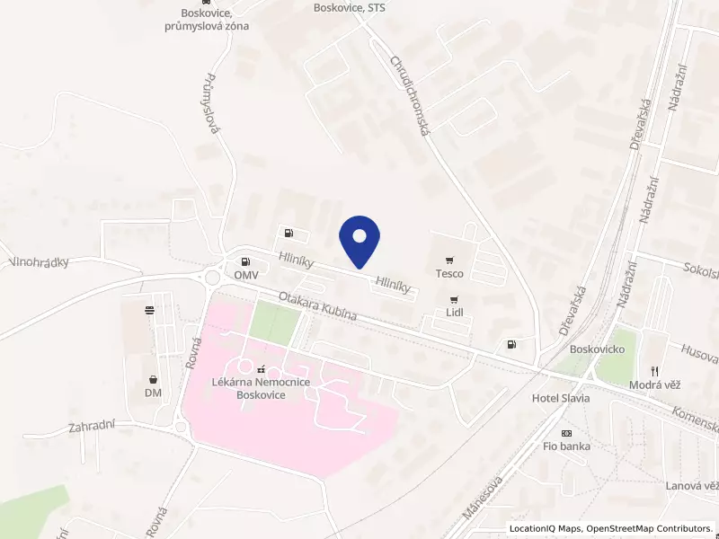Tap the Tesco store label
pyautogui.click(x=449, y=273)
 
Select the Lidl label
pyautogui.click(x=454, y=313)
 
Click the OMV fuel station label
pyautogui.click(x=246, y=274)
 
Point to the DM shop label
pyautogui.click(x=152, y=393)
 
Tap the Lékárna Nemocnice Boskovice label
pyautogui.click(x=261, y=388)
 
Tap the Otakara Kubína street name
pyautogui.click(x=317, y=305)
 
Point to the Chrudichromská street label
pyautogui.click(x=411, y=96)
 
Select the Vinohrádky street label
pyautogui.click(x=40, y=262)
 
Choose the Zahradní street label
pyautogui.click(x=92, y=428)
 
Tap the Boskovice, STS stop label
pyautogui.click(x=349, y=7)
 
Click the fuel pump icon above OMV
pyautogui.click(x=288, y=234)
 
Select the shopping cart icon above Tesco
pyautogui.click(x=449, y=259)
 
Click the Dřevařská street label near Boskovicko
pyautogui.click(x=573, y=310)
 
